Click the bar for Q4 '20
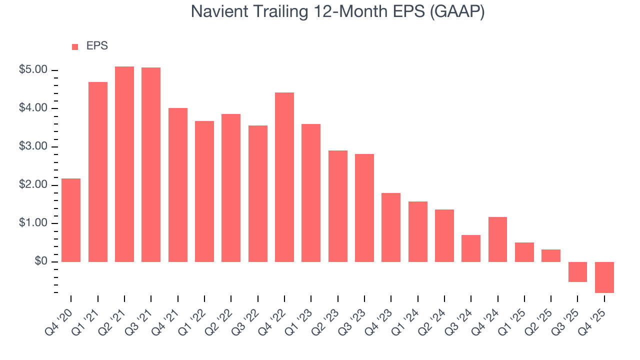click(x=71, y=220)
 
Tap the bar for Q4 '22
click(x=284, y=177)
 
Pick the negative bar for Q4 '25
click(x=604, y=277)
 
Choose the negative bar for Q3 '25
click(x=577, y=271)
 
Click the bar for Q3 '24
click(x=471, y=248)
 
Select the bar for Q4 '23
click(x=391, y=227)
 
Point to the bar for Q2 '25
click(x=551, y=255)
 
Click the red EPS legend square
click(x=75, y=46)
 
